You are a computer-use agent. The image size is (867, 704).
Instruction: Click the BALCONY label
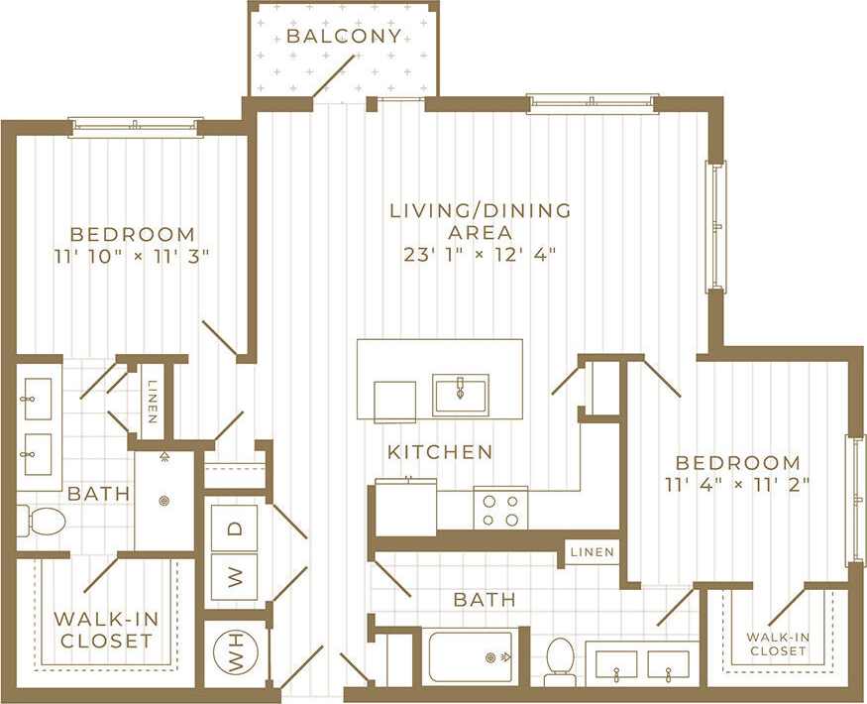tap(344, 37)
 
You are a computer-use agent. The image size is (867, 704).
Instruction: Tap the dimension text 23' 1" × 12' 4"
tap(481, 254)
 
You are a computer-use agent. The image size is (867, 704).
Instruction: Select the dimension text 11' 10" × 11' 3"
tap(132, 256)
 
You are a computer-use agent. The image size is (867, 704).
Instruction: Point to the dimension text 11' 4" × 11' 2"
tap(737, 484)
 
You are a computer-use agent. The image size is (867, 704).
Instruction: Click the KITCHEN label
tap(440, 452)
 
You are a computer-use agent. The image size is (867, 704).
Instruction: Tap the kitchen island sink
tap(461, 394)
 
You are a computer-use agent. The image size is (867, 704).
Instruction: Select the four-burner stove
tap(499, 509)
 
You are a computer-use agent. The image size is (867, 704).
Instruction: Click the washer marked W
tap(235, 578)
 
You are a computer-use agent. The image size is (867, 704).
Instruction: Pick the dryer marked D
tap(235, 528)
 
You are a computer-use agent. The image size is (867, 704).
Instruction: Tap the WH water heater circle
tap(235, 654)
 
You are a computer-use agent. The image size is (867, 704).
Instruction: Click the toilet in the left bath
tap(42, 521)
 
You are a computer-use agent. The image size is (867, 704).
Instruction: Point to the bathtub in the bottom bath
tap(471, 656)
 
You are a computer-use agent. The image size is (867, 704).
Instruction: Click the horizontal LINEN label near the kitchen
tap(592, 552)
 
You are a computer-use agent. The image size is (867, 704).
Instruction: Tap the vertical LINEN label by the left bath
tap(152, 402)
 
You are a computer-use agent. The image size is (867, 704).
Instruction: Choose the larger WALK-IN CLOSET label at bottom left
tap(105, 630)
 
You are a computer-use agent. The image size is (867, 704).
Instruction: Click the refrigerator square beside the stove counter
tap(405, 507)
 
